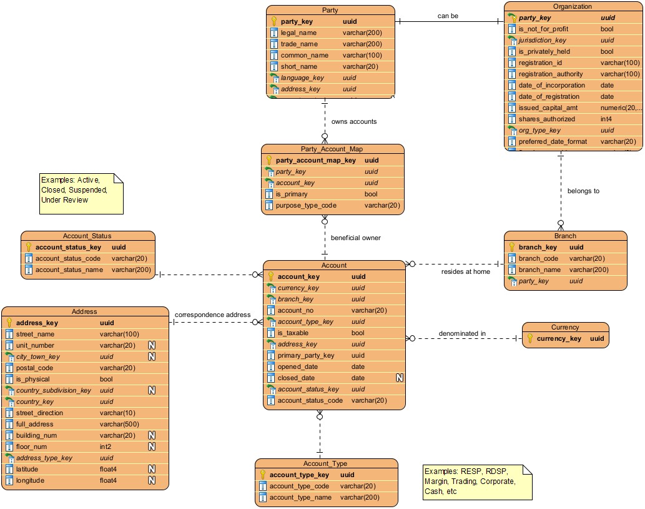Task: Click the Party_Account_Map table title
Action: [x=332, y=149]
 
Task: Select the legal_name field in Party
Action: [x=298, y=33]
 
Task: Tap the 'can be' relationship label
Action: [x=447, y=16]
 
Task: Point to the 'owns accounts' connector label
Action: [x=353, y=121]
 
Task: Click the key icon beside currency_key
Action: [x=530, y=338]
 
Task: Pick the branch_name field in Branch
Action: [x=539, y=270]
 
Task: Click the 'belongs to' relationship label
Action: [x=583, y=191]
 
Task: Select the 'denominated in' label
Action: [x=462, y=333]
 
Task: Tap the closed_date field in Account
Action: [x=297, y=378]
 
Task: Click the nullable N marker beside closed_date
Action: [x=400, y=378]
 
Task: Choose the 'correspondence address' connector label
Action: [x=212, y=315]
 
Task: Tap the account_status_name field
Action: [x=69, y=270]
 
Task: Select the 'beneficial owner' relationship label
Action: [x=355, y=238]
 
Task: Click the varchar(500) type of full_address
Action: [x=119, y=424]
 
